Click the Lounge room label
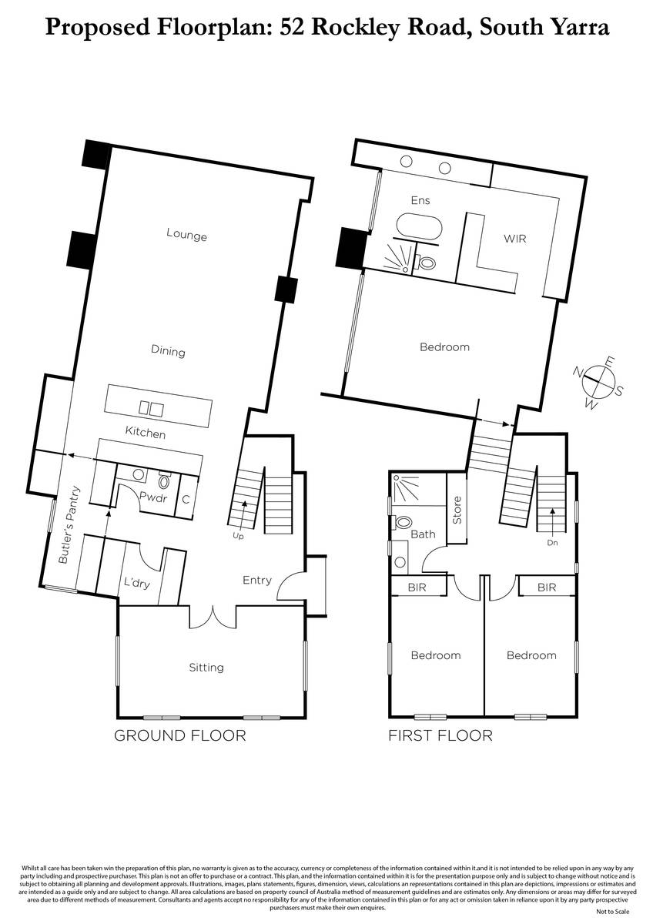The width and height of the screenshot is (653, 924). tap(186, 234)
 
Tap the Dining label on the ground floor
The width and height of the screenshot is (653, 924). tap(168, 351)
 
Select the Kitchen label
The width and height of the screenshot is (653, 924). tap(146, 432)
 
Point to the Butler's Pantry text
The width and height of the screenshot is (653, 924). tap(69, 524)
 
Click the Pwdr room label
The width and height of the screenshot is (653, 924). tap(153, 497)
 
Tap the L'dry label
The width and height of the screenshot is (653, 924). tap(137, 583)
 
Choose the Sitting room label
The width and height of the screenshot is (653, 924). tap(206, 668)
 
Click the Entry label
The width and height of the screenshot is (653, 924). tap(257, 581)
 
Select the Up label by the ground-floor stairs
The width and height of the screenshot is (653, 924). tap(238, 536)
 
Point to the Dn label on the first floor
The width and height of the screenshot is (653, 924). tap(552, 543)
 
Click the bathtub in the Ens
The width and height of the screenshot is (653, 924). tap(419, 226)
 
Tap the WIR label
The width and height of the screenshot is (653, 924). tap(515, 239)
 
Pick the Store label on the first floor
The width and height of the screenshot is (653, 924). tap(457, 510)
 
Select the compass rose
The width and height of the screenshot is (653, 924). tap(598, 383)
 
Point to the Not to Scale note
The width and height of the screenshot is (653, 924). tap(613, 911)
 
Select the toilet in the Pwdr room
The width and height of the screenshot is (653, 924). tap(164, 480)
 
